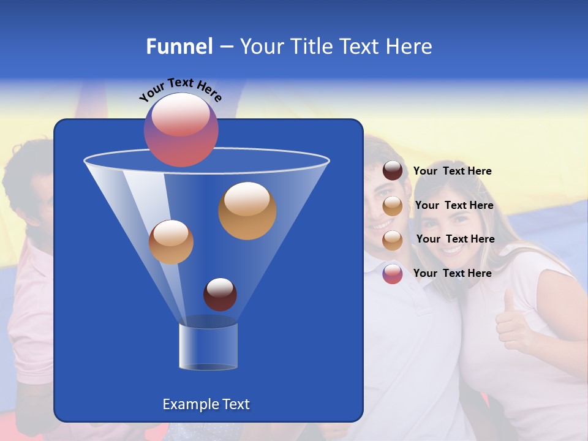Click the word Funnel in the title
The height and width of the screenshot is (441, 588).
point(179,47)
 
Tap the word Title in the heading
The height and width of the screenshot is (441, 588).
point(310,47)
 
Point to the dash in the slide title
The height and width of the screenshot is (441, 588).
point(226,47)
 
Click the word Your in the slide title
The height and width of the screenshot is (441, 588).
point(262,47)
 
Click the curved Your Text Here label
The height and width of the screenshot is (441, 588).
point(180,89)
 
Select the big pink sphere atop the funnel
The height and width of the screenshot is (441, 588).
point(181,130)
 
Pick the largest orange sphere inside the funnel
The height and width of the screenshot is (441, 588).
point(247,211)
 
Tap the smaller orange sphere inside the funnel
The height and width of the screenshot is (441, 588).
point(171,241)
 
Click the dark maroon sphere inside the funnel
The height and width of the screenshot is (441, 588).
point(220,294)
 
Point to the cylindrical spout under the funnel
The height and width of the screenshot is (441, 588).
point(208,346)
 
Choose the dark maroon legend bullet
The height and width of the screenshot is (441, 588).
point(393,171)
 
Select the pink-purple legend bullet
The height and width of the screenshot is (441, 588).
point(393,274)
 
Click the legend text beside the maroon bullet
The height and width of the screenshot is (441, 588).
point(452,171)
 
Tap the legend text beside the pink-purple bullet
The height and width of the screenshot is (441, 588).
point(452,273)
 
